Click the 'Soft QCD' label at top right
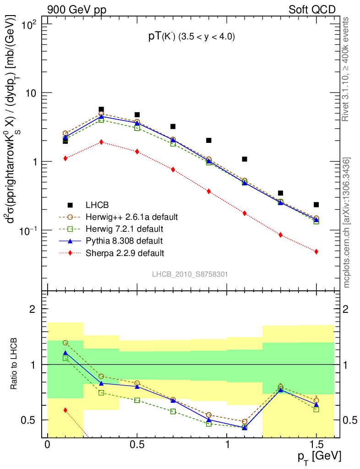[312, 10]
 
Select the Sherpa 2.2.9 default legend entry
[125, 253]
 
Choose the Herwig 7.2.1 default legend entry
[125, 229]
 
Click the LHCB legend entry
[97, 204]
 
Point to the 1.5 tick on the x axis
[316, 445]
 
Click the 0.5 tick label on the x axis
[137, 445]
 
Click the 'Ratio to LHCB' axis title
[15, 364]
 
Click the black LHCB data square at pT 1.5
[316, 205]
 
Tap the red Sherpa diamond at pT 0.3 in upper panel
[101, 142]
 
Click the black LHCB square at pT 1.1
[245, 159]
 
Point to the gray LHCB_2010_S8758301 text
[190, 274]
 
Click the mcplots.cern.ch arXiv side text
[347, 223]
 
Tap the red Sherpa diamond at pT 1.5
[316, 251]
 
